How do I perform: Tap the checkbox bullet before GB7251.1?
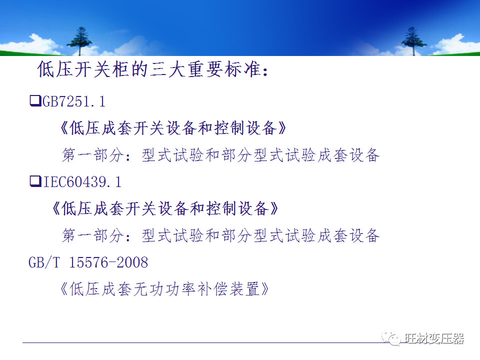pyautogui.click(x=35, y=101)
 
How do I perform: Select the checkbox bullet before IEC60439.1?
pyautogui.click(x=35, y=181)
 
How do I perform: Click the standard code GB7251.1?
pyautogui.click(x=74, y=101)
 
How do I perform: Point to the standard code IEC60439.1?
pyautogui.click(x=82, y=182)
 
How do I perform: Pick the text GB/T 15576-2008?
pyautogui.click(x=88, y=262)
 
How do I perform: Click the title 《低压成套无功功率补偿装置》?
pyautogui.click(x=164, y=289)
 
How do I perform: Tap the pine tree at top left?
pyautogui.click(x=78, y=40)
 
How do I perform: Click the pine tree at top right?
pyautogui.click(x=413, y=40)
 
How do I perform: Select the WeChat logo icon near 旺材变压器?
pyautogui.click(x=391, y=338)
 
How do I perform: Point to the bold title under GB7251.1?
pyautogui.click(x=173, y=128)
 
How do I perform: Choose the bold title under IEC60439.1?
pyautogui.click(x=165, y=208)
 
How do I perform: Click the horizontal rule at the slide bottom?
pyautogui.click(x=200, y=343)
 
